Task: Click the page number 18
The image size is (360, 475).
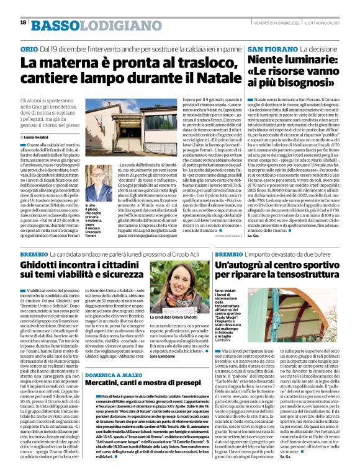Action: (23, 23)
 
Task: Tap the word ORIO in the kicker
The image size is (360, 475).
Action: (29, 48)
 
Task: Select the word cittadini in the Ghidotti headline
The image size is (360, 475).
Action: (168, 264)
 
